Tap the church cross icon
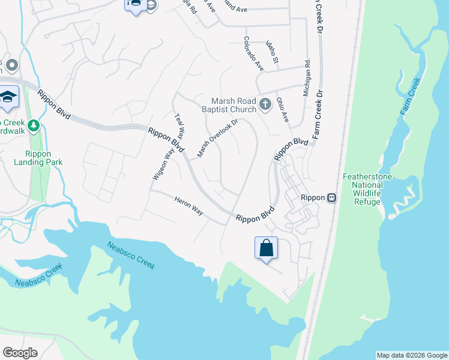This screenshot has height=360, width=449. click(265, 106)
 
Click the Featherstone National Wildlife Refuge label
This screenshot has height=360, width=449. click(367, 189)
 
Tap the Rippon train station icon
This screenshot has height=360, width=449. click(331, 198)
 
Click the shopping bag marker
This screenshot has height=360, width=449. click(266, 247)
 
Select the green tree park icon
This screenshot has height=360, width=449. click(34, 125)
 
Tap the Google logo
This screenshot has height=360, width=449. click(20, 353)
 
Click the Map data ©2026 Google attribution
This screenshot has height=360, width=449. click(412, 355)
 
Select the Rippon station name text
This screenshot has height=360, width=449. click(313, 198)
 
